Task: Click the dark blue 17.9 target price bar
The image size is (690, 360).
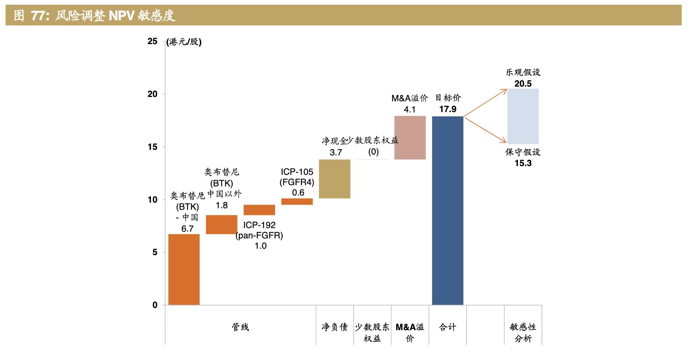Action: coord(448,211)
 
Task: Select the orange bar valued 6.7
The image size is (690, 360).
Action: coord(184,269)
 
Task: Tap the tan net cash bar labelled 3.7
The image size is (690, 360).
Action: coord(335,179)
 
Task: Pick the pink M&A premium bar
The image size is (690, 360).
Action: coord(410,137)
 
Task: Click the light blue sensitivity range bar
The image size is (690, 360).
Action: coord(523,116)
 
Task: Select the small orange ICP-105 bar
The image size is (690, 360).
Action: coord(297,201)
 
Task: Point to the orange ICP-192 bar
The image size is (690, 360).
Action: coord(259,210)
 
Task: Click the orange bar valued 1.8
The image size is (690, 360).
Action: coord(221,225)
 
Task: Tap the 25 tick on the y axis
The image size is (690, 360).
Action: coord(152,41)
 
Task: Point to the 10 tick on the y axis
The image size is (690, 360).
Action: coord(152,200)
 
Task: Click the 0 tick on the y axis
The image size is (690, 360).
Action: coord(155,305)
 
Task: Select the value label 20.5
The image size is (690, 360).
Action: coord(523,83)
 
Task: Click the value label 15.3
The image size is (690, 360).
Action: coord(523,163)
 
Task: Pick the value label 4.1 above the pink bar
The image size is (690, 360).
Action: coord(409,109)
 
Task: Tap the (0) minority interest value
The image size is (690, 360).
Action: coord(373,152)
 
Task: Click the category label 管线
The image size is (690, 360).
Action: coord(240,327)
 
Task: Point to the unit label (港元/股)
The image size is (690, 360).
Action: coord(184,42)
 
